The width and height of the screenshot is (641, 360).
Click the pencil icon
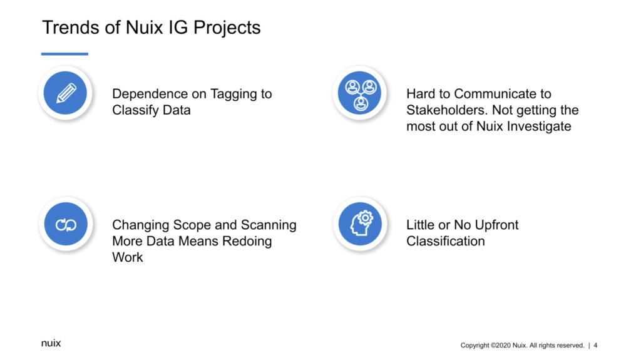66,93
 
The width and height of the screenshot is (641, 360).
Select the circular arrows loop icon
66,225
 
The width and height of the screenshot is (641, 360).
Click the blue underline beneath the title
64,54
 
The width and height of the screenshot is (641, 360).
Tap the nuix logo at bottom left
51,343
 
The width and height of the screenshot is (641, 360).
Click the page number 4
595,345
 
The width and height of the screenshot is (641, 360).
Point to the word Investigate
539,127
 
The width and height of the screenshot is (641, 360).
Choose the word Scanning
269,225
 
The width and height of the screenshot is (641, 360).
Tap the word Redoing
247,242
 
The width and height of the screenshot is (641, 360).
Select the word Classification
446,241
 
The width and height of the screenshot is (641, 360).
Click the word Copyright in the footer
474,346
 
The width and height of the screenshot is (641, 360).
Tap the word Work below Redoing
128,257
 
